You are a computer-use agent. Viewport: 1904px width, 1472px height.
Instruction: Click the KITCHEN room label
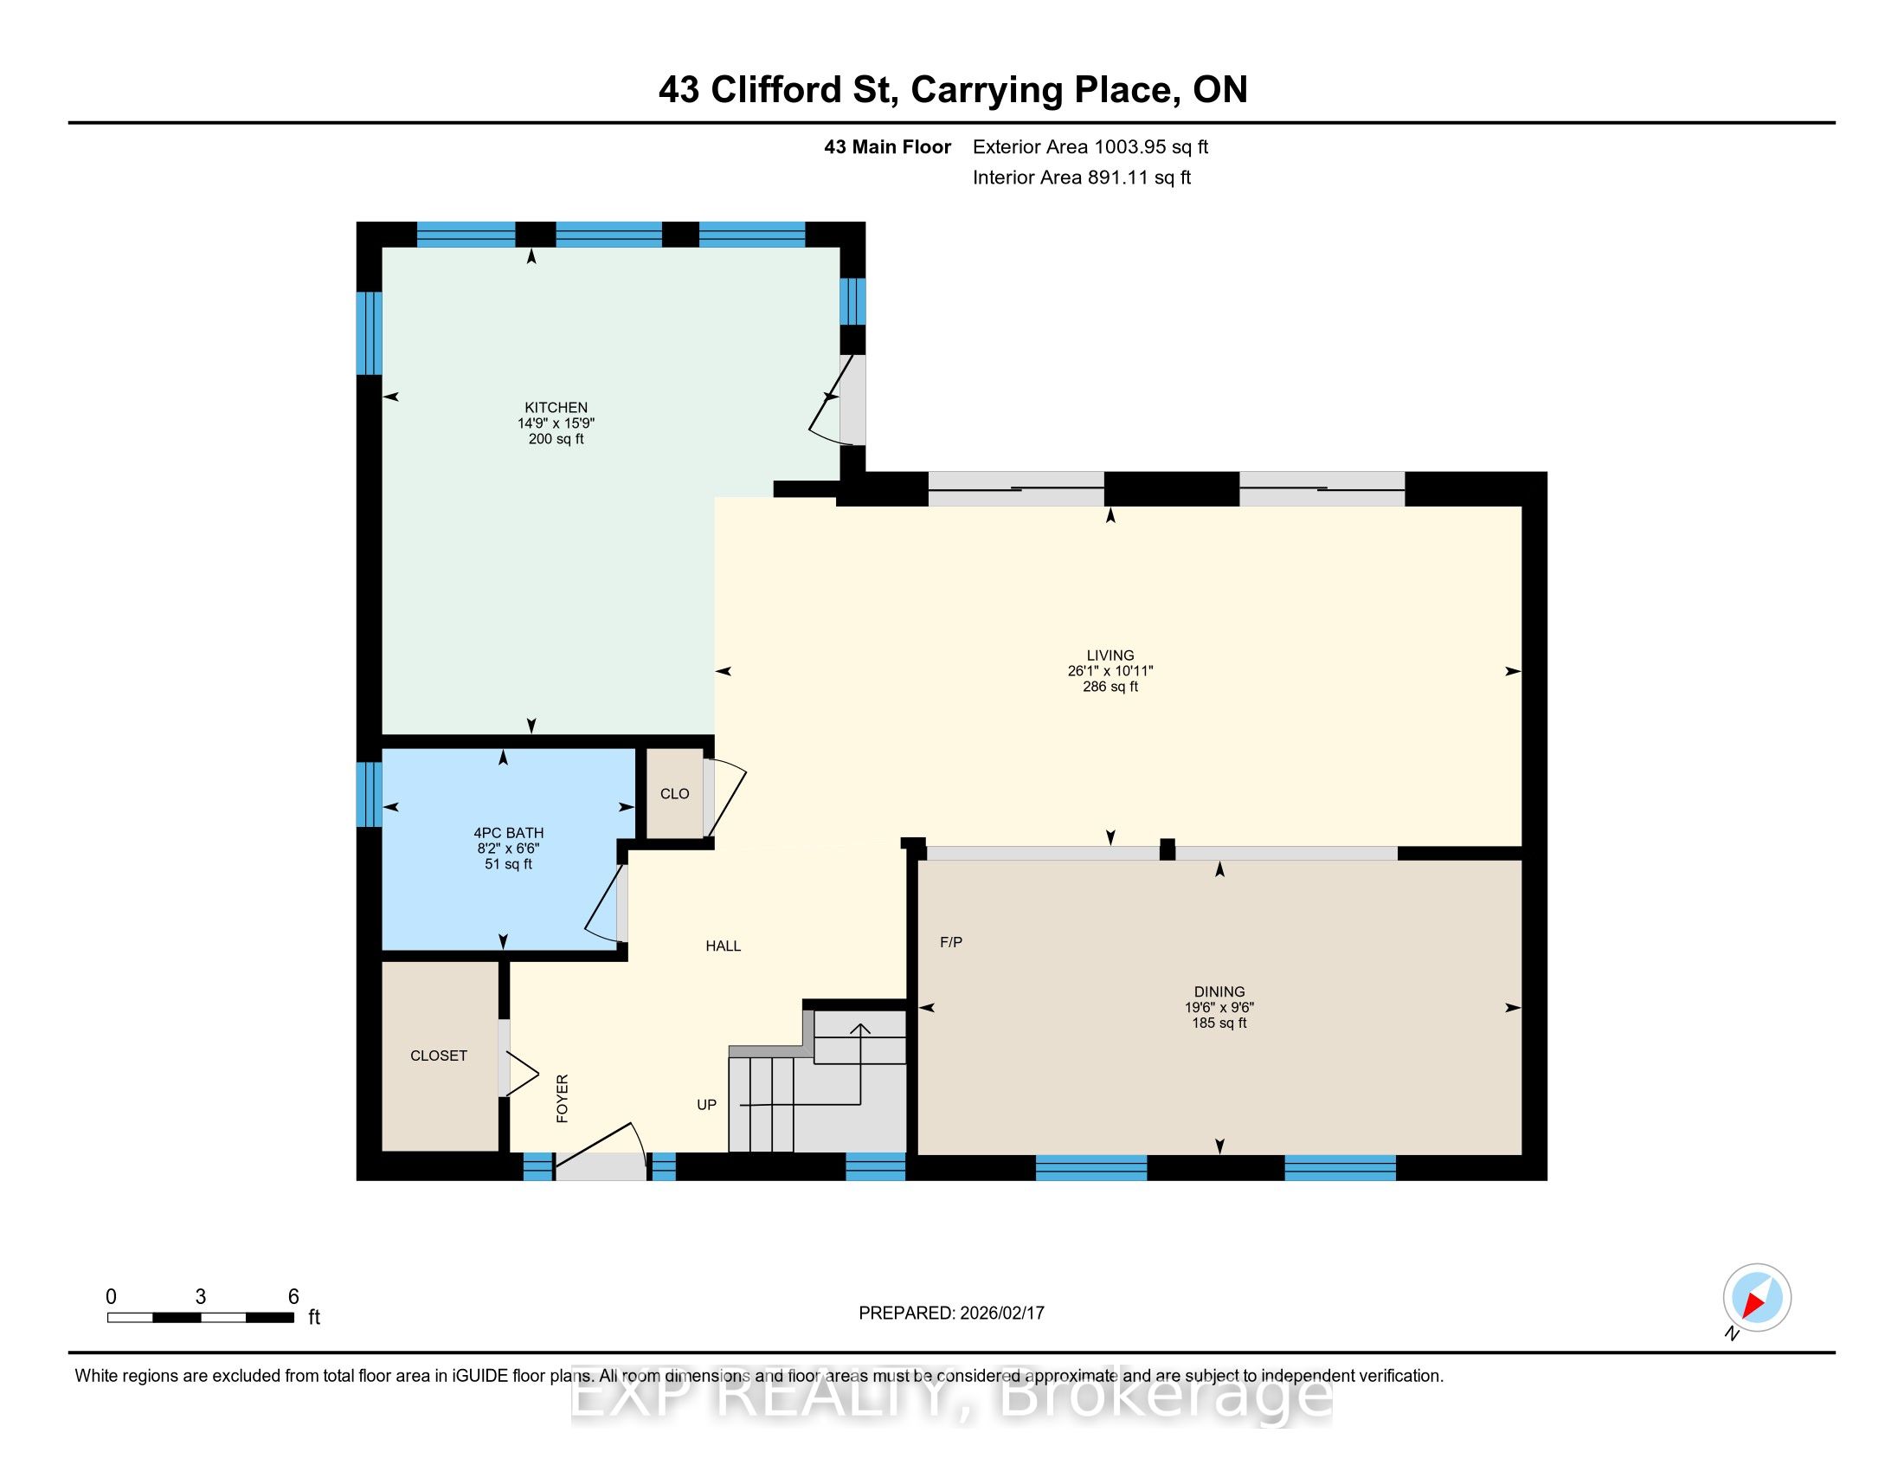[x=556, y=407]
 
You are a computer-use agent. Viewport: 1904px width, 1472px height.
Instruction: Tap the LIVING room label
[x=1110, y=655]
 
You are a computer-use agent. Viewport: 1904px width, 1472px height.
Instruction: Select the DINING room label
[x=1219, y=991]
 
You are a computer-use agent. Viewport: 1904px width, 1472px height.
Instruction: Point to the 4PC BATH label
[x=508, y=833]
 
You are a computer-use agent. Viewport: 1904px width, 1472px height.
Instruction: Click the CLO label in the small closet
[x=675, y=793]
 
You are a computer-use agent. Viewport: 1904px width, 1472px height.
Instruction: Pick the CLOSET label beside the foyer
[x=439, y=1056]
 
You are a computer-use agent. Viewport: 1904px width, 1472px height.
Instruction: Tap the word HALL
[x=723, y=946]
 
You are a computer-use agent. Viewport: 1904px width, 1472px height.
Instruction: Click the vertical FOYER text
[x=563, y=1099]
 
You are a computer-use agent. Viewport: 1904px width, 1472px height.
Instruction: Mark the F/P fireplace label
[x=951, y=942]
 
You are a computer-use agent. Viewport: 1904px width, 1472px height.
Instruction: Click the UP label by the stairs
[x=706, y=1105]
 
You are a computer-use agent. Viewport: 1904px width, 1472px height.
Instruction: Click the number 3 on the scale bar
[x=201, y=1297]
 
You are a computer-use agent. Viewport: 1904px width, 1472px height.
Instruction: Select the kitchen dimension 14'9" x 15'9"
[x=556, y=423]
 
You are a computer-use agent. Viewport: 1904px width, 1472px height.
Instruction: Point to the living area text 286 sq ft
[x=1110, y=687]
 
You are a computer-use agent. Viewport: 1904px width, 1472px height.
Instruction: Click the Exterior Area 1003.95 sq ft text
[x=1090, y=146]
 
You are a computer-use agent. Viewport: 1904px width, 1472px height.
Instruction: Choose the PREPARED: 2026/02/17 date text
[x=951, y=1313]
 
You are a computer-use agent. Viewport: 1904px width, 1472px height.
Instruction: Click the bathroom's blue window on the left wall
[x=370, y=794]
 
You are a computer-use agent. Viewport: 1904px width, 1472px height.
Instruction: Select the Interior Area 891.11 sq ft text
[x=1082, y=178]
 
